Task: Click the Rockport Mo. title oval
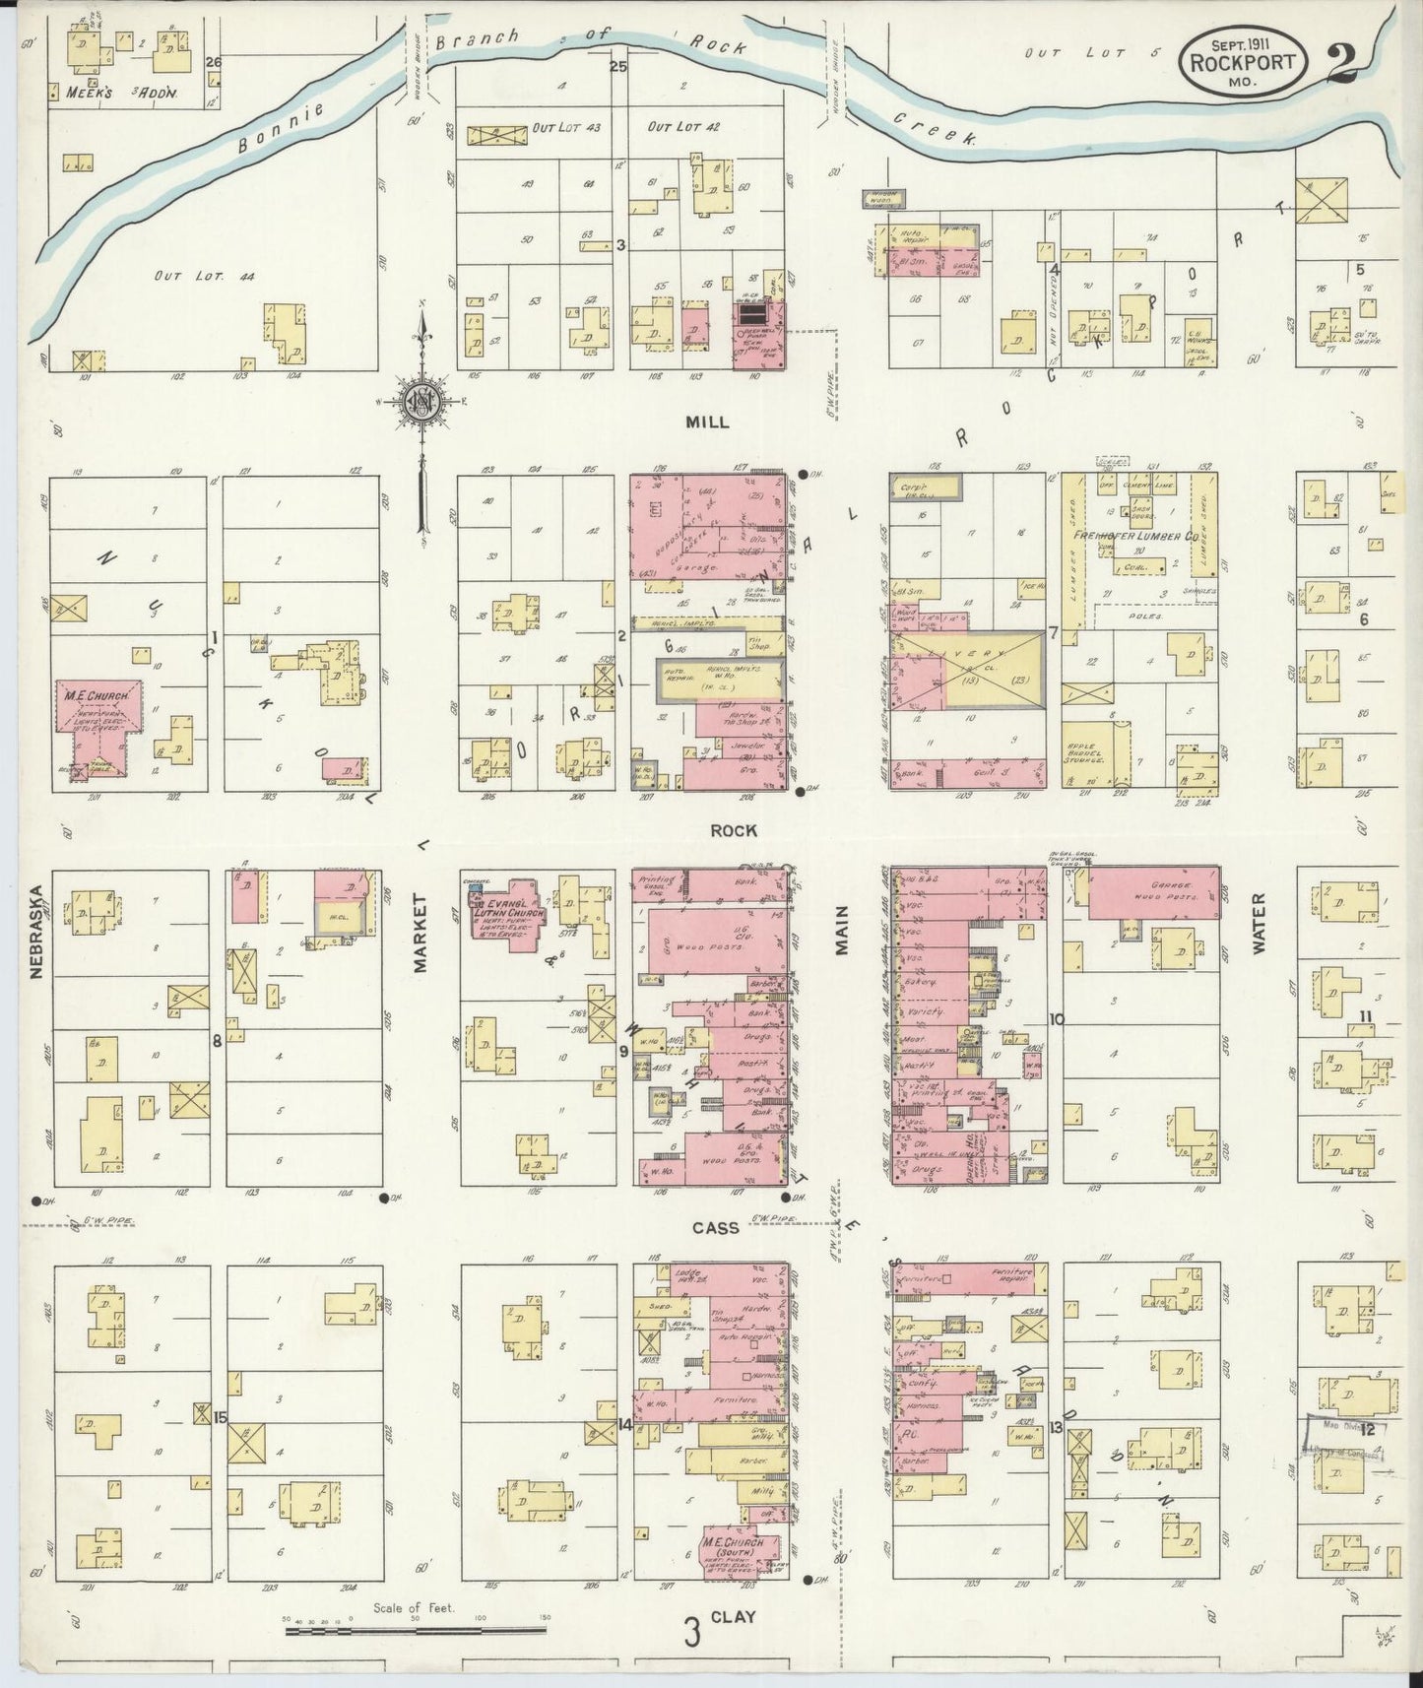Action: click(1247, 60)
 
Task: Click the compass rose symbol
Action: click(422, 403)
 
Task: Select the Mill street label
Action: click(708, 422)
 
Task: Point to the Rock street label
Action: click(734, 830)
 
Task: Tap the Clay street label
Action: click(734, 1616)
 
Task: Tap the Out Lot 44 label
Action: click(204, 278)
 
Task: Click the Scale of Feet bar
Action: click(418, 1631)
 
